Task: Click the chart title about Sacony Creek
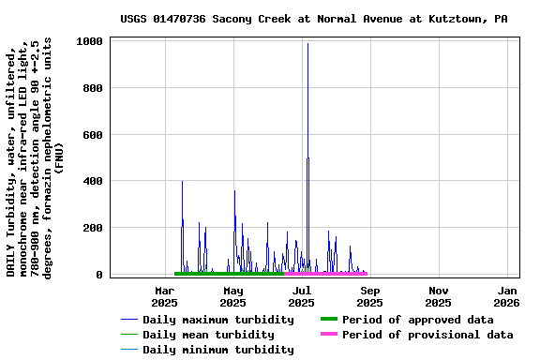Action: (314, 19)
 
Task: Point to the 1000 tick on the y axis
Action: (90, 41)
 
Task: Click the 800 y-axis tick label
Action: (94, 88)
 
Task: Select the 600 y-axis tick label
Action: (94, 134)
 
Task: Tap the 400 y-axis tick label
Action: (94, 181)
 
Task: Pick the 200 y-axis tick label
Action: (94, 228)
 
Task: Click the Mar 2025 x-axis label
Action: (164, 296)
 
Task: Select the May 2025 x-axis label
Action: (232, 296)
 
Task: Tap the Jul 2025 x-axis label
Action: (301, 296)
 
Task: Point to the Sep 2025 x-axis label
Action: (369, 296)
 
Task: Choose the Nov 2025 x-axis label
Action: (438, 296)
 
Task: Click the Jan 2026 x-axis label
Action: (506, 296)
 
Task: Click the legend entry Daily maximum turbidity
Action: (208, 320)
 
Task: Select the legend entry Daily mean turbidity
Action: (208, 335)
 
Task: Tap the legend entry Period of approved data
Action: (417, 320)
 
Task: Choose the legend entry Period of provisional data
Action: (427, 335)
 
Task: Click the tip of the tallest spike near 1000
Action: (307, 43)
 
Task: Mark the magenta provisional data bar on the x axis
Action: (325, 274)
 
